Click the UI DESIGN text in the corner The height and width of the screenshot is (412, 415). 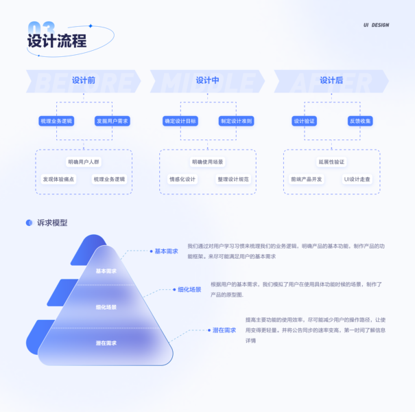tap(376, 25)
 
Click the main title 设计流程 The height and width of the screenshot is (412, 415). tap(57, 41)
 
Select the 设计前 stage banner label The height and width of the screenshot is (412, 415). tap(83, 80)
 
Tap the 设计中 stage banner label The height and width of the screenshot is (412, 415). tap(207, 80)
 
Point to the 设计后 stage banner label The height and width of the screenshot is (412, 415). tap(331, 80)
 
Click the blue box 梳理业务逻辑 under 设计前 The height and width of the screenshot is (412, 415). tap(56, 121)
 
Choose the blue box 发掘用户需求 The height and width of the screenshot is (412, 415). tap(112, 121)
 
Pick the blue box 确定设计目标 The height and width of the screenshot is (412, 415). tap(180, 121)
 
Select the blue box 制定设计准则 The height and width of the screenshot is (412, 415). tap(236, 121)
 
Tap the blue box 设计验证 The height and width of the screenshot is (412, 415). tap(304, 121)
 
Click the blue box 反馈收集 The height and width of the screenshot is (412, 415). tap(360, 121)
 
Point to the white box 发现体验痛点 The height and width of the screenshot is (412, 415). tap(58, 179)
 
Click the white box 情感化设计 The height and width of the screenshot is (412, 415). tap(182, 179)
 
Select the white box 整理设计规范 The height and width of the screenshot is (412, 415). tap(233, 179)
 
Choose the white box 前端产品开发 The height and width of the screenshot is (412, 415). tap(306, 179)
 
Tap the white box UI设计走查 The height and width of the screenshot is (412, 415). tap(357, 179)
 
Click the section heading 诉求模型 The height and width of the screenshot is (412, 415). tap(52, 222)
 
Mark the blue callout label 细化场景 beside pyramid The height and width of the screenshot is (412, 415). tap(189, 290)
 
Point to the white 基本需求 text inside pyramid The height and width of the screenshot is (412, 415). tap(106, 271)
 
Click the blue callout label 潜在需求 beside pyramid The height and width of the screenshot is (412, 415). tap(224, 330)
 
